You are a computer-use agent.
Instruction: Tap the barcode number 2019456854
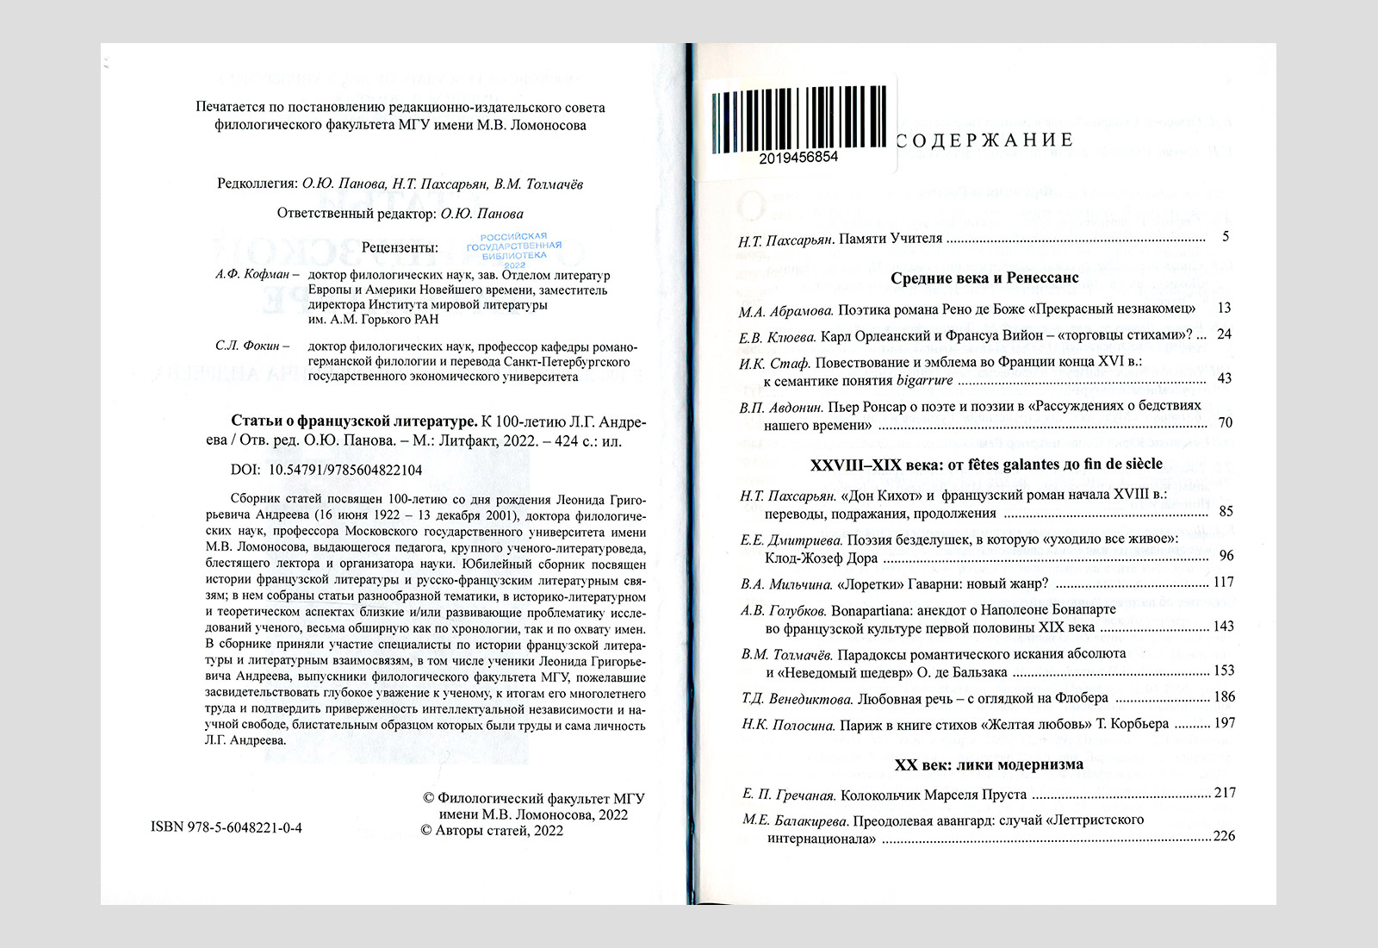(798, 158)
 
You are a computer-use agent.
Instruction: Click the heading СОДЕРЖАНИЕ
(984, 140)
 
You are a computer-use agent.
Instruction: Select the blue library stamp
(514, 247)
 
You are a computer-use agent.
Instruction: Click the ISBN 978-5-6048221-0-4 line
(227, 828)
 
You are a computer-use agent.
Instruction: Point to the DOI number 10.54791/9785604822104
(345, 471)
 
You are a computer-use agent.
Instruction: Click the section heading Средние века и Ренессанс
(984, 278)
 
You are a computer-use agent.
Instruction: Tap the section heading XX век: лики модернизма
(989, 764)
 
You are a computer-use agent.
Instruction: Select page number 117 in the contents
(1223, 583)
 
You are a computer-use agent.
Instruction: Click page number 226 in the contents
(1224, 836)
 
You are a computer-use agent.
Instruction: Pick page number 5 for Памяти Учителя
(1226, 237)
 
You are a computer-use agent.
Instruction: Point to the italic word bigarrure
(925, 380)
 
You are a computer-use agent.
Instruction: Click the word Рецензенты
(400, 248)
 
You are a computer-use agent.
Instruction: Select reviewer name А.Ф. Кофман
(252, 275)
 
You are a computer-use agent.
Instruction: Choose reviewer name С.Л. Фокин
(248, 346)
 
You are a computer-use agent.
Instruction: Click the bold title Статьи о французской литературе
(354, 421)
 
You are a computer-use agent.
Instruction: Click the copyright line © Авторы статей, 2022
(492, 831)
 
